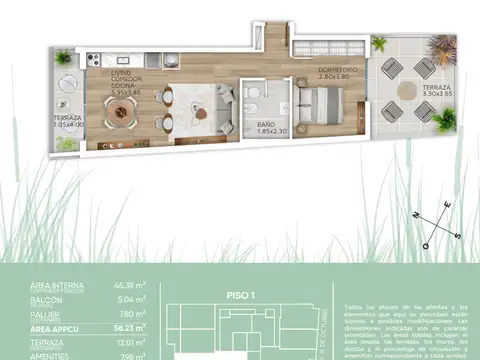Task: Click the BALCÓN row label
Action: [49, 297]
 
